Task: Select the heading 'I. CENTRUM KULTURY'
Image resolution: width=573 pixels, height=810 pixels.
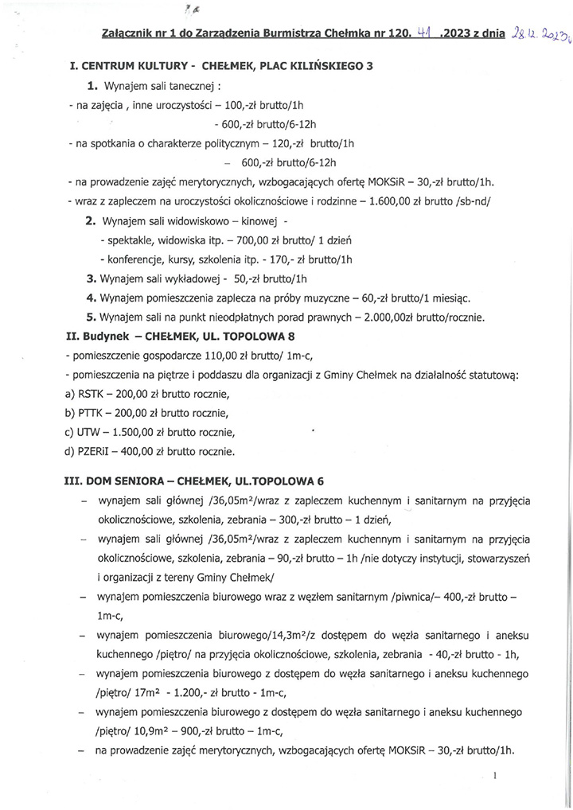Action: click(x=122, y=67)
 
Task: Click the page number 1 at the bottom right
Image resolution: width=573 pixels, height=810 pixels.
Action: click(x=495, y=775)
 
